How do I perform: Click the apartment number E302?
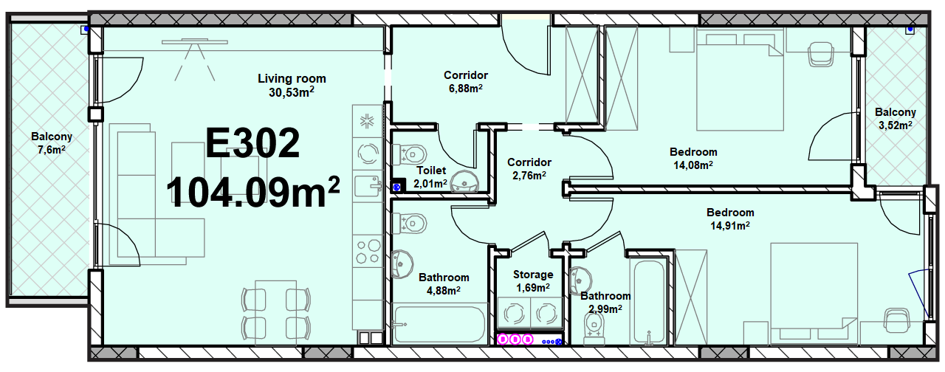coord(252,143)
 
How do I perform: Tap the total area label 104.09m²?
coord(253,191)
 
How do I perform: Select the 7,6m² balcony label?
coord(52,143)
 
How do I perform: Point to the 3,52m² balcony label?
coord(896,119)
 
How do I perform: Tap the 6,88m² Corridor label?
coord(466,81)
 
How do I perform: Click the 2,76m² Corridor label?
coord(529,168)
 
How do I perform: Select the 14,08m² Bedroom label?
coord(693,158)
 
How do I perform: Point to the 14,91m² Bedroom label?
coord(730,219)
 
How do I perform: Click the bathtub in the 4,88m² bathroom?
coord(439,325)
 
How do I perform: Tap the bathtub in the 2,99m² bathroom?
coord(649,302)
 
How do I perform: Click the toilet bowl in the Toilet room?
coord(409,154)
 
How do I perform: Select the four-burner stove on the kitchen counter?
coord(368,252)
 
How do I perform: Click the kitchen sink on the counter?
coord(368,186)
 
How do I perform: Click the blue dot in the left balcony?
coord(86,29)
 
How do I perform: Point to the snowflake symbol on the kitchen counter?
coord(367,122)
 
